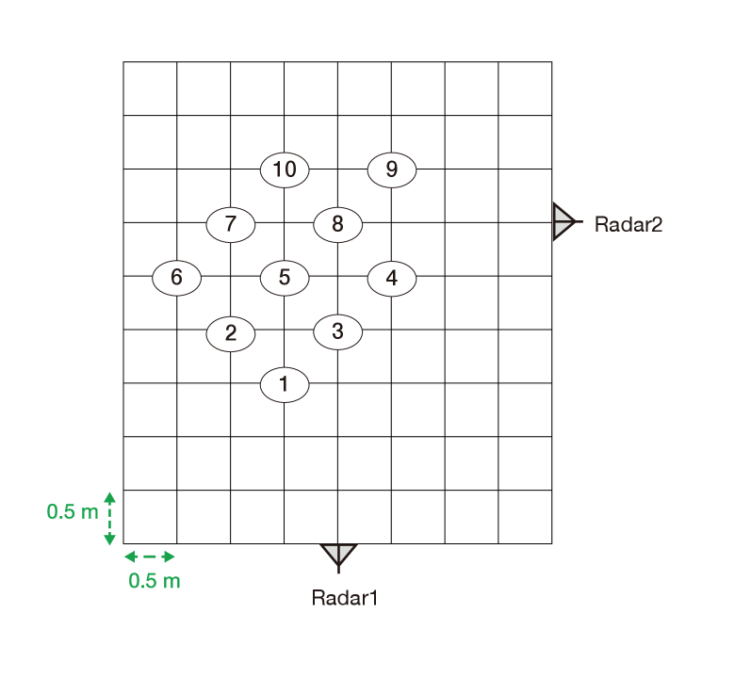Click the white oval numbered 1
tap(285, 385)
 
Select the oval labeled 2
tap(231, 333)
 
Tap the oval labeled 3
tap(337, 331)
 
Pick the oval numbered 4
tap(391, 279)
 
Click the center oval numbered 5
tap(285, 278)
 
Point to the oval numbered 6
tap(177, 278)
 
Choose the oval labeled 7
tap(231, 225)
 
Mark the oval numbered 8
tap(337, 225)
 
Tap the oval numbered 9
tap(391, 170)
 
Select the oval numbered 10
tap(285, 169)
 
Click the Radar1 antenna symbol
tap(338, 557)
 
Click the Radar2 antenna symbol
tap(563, 222)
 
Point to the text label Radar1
tap(345, 598)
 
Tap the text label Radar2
tap(629, 225)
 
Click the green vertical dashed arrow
tap(109, 519)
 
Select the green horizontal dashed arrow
tap(150, 557)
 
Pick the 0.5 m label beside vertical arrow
tap(73, 512)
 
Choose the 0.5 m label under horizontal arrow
tap(155, 581)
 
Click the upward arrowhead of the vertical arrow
tap(109, 496)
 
